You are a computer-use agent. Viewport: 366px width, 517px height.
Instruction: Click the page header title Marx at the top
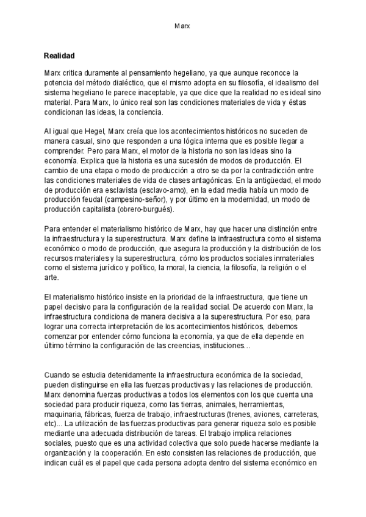182,27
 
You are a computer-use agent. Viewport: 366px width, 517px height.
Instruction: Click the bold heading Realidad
59,55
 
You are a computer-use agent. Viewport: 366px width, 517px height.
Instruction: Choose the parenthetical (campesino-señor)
132,201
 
